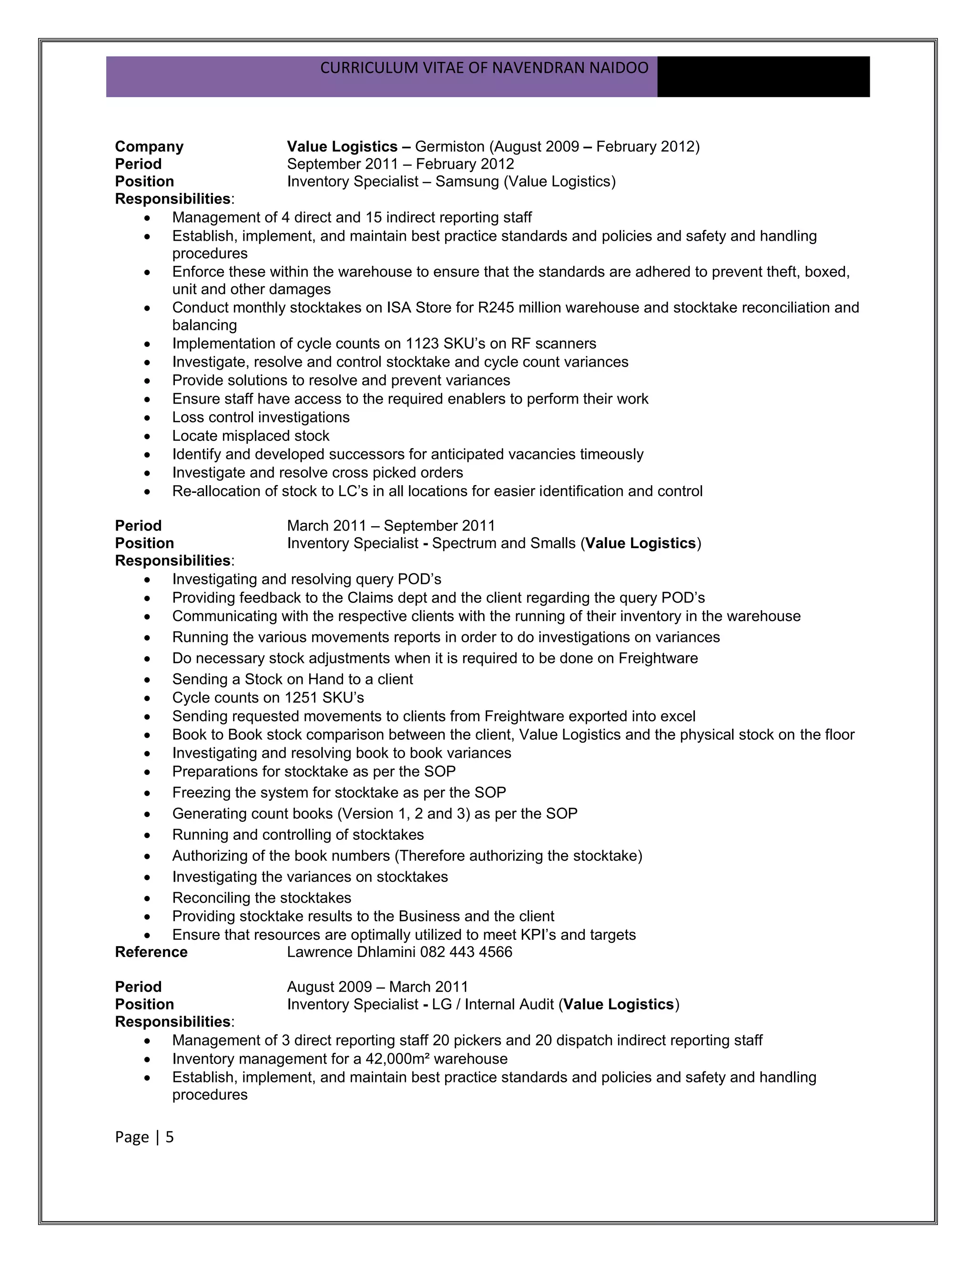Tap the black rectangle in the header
[x=763, y=76]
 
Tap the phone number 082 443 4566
[x=466, y=952]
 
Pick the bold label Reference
[x=151, y=952]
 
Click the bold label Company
[x=149, y=146]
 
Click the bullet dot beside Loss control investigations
[x=148, y=418]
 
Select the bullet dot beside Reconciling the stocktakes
[x=148, y=899]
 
